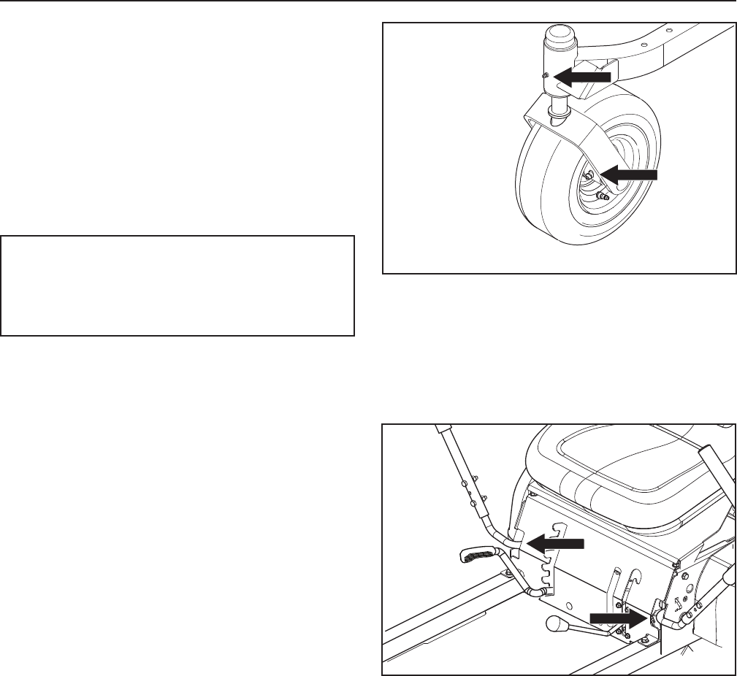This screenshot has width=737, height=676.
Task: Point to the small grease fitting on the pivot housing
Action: point(545,75)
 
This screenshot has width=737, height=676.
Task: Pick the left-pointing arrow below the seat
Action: point(556,542)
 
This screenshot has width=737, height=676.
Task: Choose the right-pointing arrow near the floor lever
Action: point(618,618)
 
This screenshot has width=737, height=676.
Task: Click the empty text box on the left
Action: point(177,285)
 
